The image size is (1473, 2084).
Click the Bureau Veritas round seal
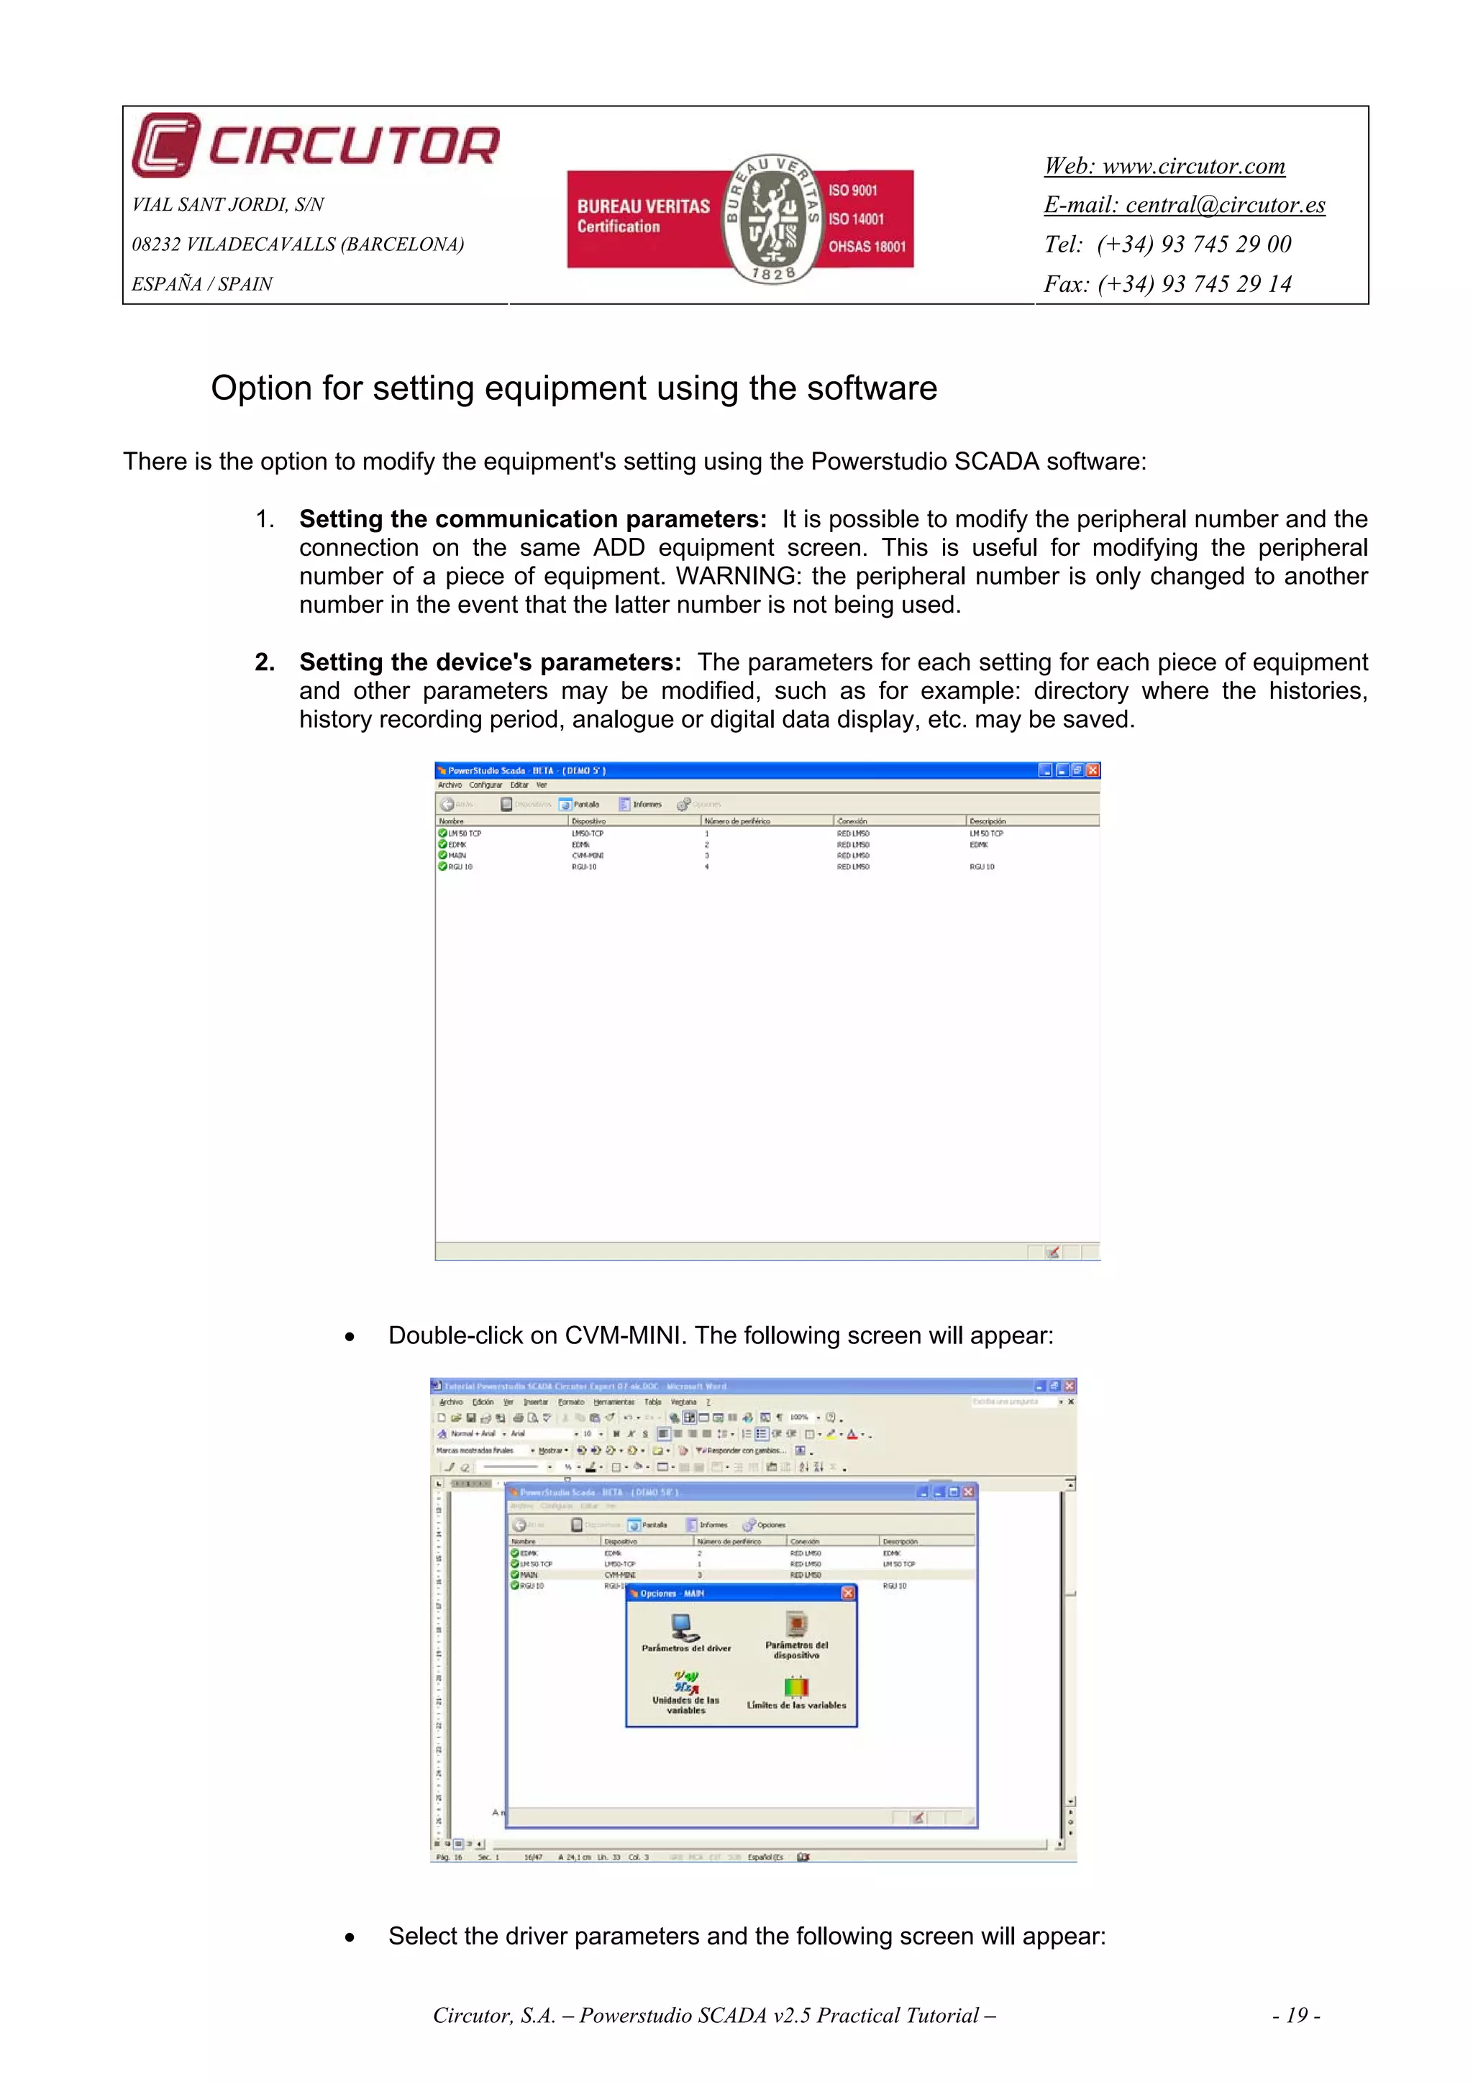pyautogui.click(x=772, y=219)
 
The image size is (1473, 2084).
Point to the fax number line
pyautogui.click(x=1167, y=284)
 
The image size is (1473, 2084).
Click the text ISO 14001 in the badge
pyautogui.click(x=855, y=219)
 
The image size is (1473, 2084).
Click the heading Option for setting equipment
pyautogui.click(x=573, y=388)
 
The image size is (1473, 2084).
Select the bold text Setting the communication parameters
pyautogui.click(x=533, y=519)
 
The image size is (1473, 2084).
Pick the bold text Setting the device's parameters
pyautogui.click(x=490, y=662)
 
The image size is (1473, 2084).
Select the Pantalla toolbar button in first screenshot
pyautogui.click(x=579, y=804)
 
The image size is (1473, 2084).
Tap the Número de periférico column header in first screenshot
pyautogui.click(x=737, y=821)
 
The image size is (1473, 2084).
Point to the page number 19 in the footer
pyautogui.click(x=1296, y=2016)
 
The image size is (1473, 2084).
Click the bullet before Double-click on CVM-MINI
pyautogui.click(x=350, y=1337)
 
